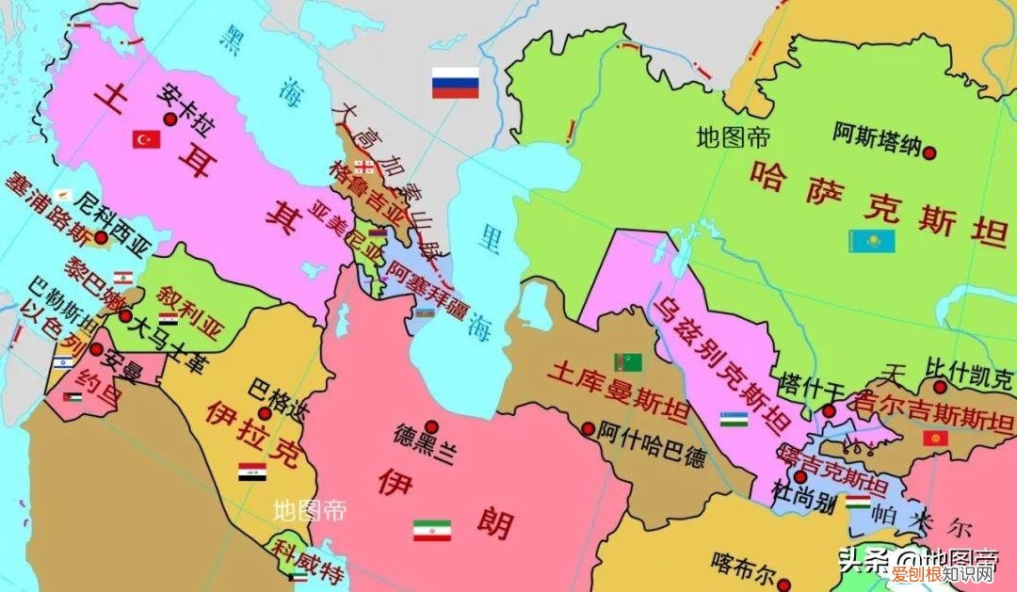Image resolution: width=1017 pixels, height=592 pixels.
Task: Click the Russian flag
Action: pyautogui.click(x=455, y=83)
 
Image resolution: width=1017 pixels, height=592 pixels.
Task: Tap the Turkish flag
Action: pyautogui.click(x=146, y=139)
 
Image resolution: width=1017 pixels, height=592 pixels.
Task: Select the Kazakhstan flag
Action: pyautogui.click(x=871, y=240)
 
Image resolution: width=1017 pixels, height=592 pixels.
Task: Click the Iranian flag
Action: pyautogui.click(x=431, y=530)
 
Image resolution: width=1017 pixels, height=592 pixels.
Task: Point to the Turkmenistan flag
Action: pyautogui.click(x=628, y=360)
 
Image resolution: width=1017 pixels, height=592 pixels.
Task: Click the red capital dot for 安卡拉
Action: pyautogui.click(x=170, y=119)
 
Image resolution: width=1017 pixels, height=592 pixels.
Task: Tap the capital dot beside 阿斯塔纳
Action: pyautogui.click(x=929, y=152)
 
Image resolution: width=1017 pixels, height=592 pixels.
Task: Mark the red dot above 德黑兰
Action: pyautogui.click(x=430, y=425)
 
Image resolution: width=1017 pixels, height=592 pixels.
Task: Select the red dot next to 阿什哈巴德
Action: pyautogui.click(x=589, y=428)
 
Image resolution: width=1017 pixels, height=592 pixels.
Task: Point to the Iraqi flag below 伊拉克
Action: pyautogui.click(x=251, y=472)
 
